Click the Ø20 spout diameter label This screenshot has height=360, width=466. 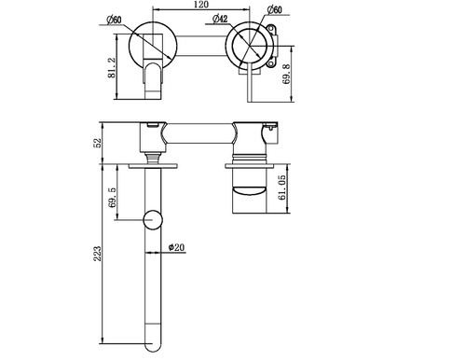(178, 247)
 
